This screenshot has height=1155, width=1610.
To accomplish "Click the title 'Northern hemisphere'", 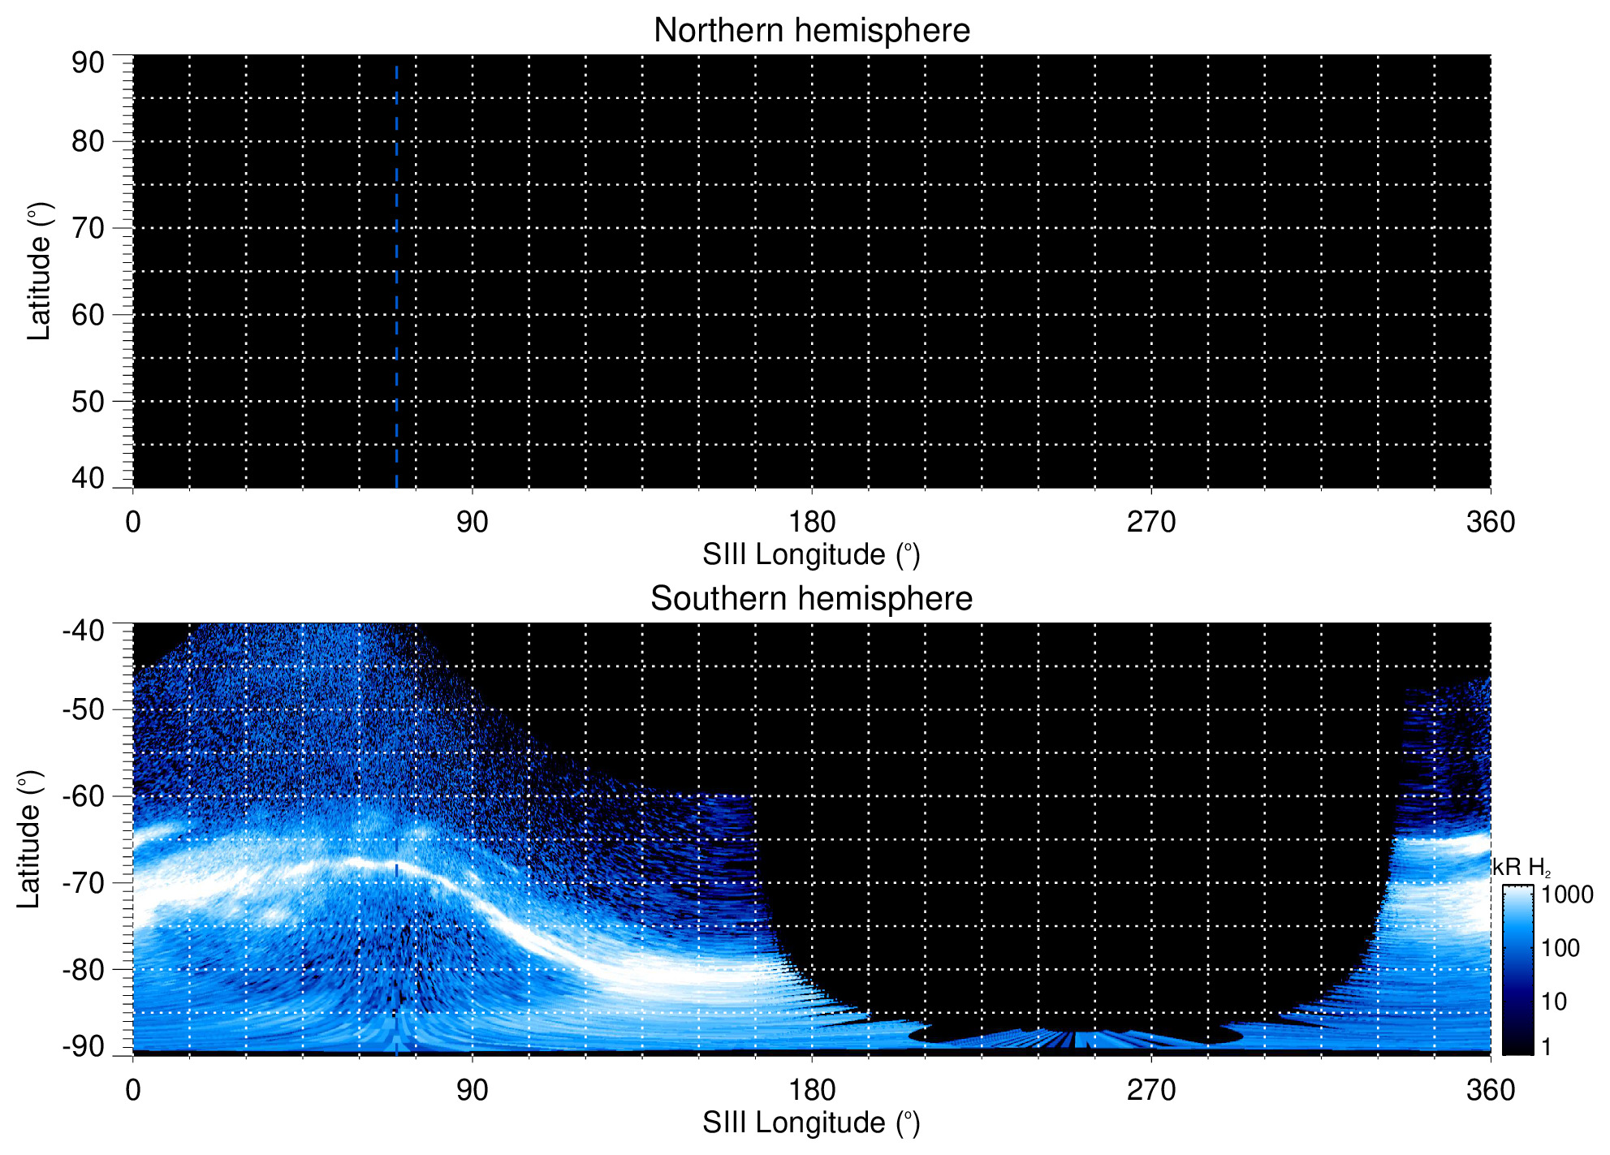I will coord(811,31).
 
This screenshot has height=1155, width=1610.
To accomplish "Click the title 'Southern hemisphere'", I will coord(811,599).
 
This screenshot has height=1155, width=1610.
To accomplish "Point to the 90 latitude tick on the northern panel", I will coord(88,62).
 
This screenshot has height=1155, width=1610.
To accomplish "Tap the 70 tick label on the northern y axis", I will coord(88,228).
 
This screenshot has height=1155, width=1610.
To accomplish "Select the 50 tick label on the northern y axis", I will coord(88,401).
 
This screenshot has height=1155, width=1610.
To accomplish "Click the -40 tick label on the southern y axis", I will coord(84,630).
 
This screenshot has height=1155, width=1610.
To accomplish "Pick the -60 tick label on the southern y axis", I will coord(84,796).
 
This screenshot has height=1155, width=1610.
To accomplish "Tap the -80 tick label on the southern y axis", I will coord(84,969).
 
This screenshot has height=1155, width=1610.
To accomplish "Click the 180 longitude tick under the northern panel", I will coord(812,522).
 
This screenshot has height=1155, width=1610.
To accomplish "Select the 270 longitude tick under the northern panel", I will coord(1151,522).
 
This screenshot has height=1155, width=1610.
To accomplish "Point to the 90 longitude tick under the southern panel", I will coord(472,1090).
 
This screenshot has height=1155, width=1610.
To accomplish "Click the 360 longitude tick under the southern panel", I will coord(1491,1090).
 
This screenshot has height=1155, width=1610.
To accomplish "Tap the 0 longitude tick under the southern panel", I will coord(133,1090).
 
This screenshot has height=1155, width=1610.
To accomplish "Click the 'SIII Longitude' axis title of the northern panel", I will coord(811,555).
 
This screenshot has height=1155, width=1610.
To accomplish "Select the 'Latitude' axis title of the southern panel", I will coord(29,839).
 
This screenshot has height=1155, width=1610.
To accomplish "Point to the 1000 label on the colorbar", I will coord(1567,895).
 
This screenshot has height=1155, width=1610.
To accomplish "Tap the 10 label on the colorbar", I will coord(1554,1002).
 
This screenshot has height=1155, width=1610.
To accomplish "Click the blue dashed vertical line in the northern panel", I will coord(396,276).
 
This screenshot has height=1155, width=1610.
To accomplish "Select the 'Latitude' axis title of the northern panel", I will coord(39,271).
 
